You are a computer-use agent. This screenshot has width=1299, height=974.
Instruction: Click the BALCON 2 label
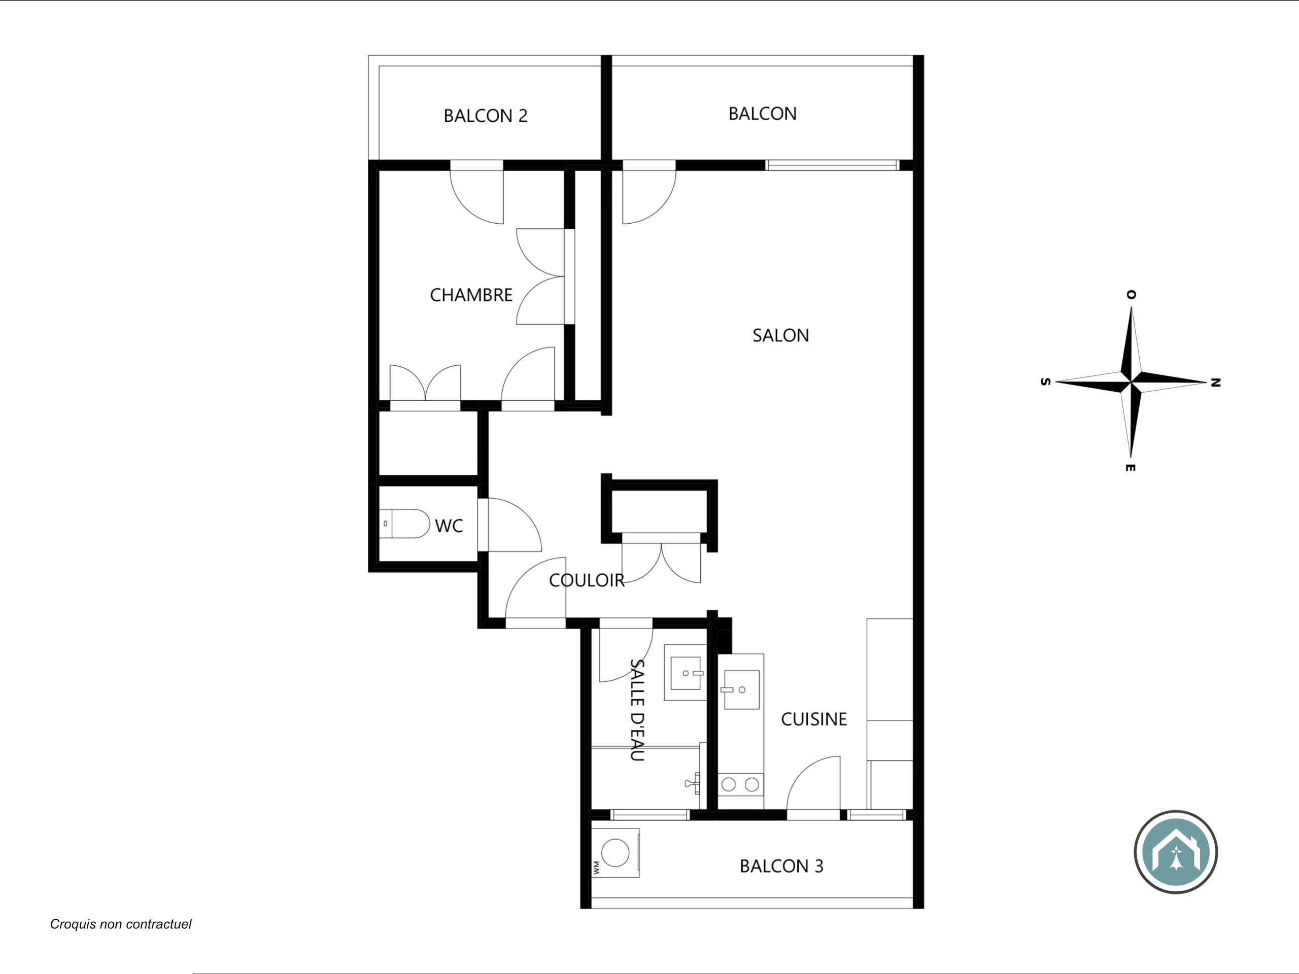point(486,116)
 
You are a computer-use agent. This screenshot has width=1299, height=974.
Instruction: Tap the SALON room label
point(780,335)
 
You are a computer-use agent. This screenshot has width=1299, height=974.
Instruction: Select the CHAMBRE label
point(471,295)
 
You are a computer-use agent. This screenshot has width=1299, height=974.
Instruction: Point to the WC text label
point(449,526)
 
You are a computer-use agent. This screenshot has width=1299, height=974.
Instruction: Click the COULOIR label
point(587,580)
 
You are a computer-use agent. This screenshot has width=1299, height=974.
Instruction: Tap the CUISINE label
point(814,719)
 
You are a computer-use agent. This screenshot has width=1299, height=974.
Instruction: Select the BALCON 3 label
point(781,866)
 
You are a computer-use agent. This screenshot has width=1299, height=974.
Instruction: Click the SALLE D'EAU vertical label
point(637,710)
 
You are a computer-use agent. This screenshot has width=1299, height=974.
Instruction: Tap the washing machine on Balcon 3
point(615,852)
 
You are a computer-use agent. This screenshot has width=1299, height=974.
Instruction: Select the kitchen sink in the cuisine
point(741,690)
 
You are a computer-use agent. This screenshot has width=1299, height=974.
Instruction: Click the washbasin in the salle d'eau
point(686,673)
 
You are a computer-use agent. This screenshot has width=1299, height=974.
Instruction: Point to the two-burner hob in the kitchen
point(740,784)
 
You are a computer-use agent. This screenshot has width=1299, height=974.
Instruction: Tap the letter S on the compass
point(1045,381)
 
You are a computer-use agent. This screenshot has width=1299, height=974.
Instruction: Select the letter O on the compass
point(1131,295)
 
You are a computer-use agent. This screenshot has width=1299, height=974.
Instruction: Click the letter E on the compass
point(1131,468)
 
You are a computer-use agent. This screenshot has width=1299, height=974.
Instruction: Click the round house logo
point(1176,852)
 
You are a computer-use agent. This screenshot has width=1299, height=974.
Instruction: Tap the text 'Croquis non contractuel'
point(121,924)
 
